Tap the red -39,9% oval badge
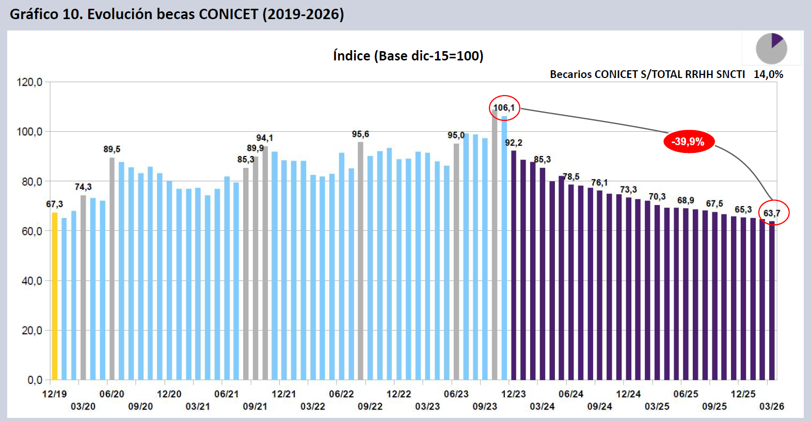point(689,142)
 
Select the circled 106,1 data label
point(504,108)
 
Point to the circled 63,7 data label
point(772,213)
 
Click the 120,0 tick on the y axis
point(29,82)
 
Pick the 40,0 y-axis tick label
point(31,281)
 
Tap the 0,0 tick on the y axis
point(35,380)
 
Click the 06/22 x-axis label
point(341,394)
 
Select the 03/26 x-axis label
point(771,407)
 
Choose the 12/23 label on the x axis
point(513,394)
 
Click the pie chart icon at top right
point(771,49)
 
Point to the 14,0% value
point(768,74)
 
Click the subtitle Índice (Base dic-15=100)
point(408,56)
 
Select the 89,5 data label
point(112,149)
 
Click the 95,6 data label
point(360,134)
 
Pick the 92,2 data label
point(514,143)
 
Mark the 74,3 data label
point(83,187)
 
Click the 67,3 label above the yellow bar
point(54,204)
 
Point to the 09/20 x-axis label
point(140,407)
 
